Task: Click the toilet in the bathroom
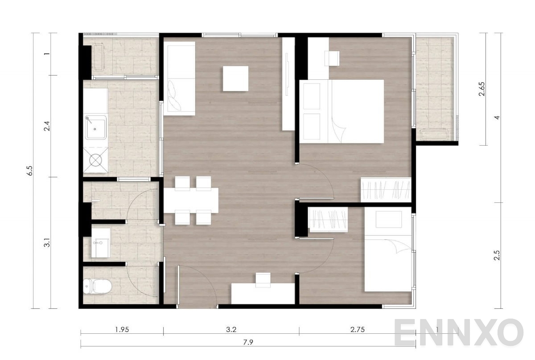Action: [97, 286]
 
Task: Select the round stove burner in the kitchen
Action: [96, 159]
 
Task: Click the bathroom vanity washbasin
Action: [100, 243]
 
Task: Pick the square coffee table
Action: [235, 78]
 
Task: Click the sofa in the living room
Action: [179, 78]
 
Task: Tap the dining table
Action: [191, 200]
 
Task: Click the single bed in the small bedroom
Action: [387, 250]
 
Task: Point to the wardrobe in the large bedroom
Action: [385, 189]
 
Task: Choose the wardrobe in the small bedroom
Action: [328, 219]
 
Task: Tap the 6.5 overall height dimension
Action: [31, 172]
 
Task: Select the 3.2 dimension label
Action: [231, 330]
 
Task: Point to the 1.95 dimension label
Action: [122, 330]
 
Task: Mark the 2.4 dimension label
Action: [46, 127]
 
